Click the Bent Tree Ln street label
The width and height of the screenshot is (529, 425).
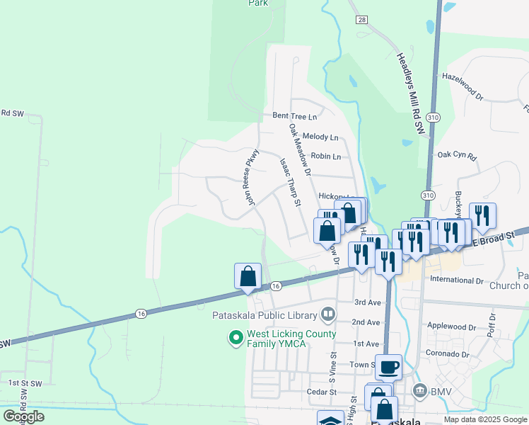coord(295,115)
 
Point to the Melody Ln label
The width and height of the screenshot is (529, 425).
coord(320,137)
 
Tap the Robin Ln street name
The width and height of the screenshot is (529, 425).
coord(327,157)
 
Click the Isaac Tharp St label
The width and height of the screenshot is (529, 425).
coord(291,183)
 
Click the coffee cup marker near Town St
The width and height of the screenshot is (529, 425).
coord(389,367)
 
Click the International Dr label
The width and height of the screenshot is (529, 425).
coord(457,280)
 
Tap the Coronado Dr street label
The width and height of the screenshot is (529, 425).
coord(448,353)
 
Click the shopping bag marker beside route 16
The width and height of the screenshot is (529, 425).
coord(248,276)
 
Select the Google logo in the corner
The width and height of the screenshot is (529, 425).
coord(23,416)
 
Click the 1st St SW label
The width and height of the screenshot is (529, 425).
coord(26,383)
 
